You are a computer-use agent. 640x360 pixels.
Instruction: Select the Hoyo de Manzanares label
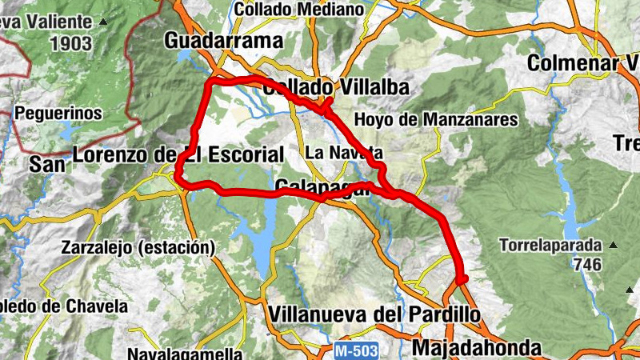pos(436,120)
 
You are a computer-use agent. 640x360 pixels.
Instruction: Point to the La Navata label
pos(345,152)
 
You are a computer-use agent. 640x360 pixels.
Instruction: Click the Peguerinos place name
pos(58,113)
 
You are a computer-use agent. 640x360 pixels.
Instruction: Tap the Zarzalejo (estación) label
pos(138,248)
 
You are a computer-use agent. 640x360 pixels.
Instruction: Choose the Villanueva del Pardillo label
pos(376,314)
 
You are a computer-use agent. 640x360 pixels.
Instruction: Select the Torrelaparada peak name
pos(550,245)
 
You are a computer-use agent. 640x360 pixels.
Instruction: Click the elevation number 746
pos(587,265)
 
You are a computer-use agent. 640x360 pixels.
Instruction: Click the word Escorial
pos(245,154)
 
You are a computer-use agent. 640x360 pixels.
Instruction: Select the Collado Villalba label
pos(335,87)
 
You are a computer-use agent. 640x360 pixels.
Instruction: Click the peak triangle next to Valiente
pos(102,22)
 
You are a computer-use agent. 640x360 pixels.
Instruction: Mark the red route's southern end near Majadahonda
pos(462,278)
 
